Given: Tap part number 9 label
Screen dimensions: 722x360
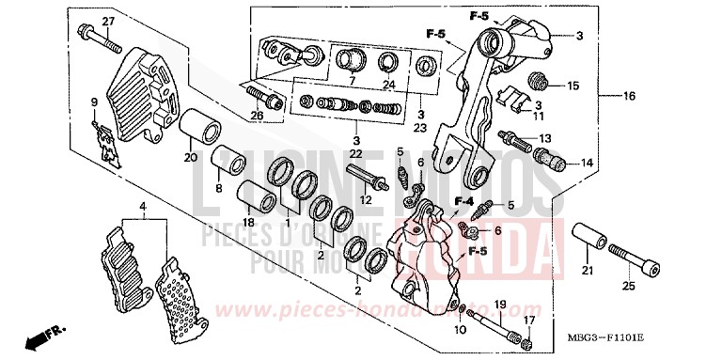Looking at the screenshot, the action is tap(93, 102).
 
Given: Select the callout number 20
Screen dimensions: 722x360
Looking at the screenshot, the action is tap(189, 157).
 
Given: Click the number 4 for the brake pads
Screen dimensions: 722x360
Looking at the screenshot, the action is tap(142, 206).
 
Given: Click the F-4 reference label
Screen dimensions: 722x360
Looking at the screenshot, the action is tap(463, 201).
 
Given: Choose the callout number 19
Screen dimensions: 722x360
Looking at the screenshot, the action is tap(500, 305).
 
